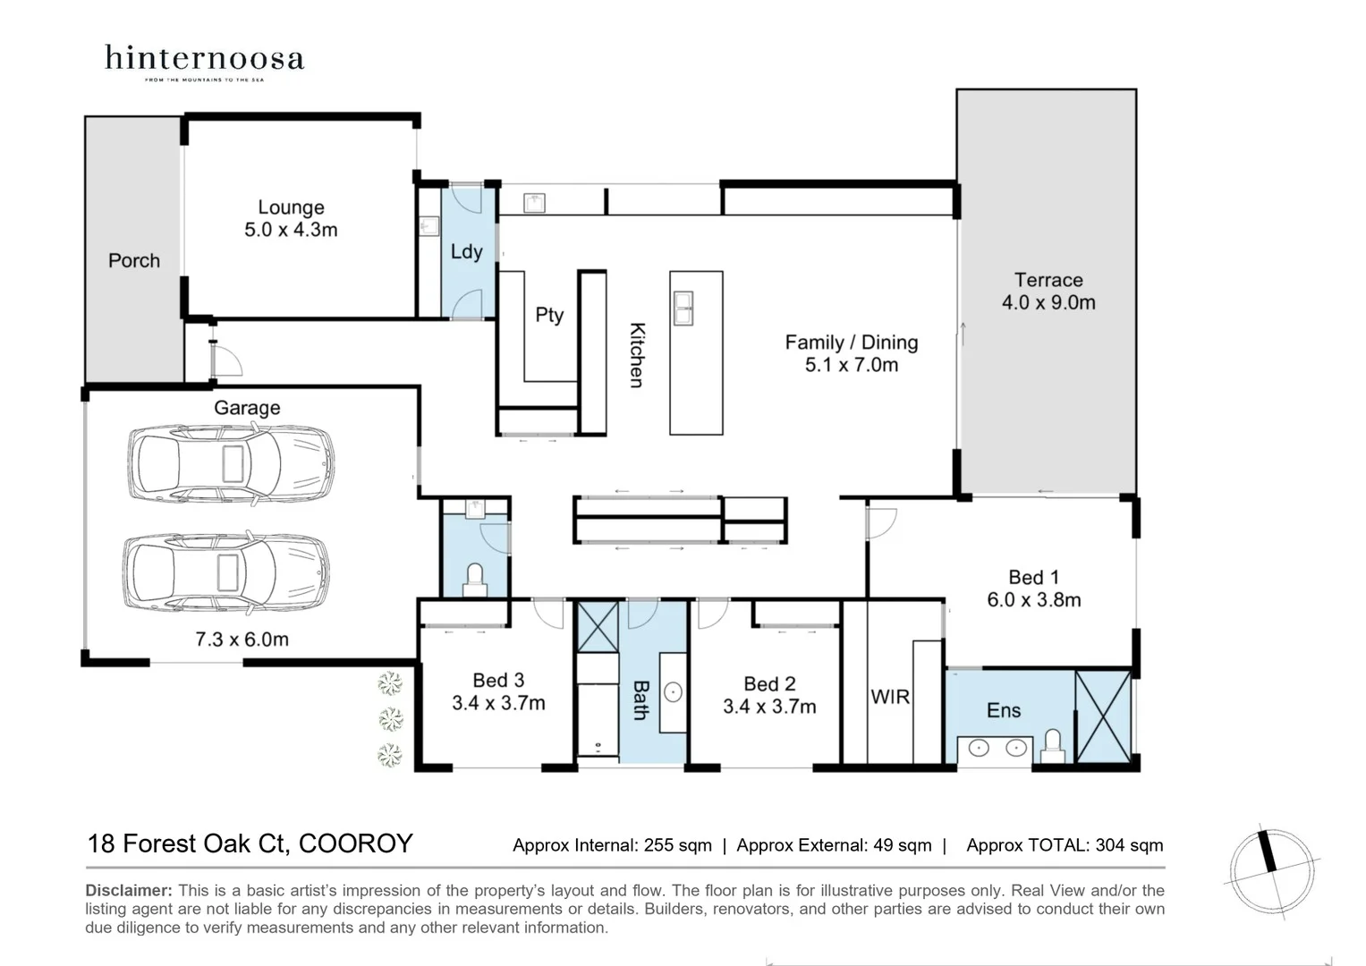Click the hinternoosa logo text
coord(204,59)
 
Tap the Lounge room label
coord(291,208)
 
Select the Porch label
coord(134,260)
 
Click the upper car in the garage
coord(231,462)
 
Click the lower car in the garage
coord(225,572)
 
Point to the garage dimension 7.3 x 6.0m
coord(242,640)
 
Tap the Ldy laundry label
coord(466,251)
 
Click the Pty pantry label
coord(549,315)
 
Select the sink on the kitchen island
coord(683,308)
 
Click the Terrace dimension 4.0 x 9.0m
coord(1048,302)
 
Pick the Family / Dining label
coord(851,343)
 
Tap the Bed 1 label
coord(1033,578)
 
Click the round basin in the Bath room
coord(673,691)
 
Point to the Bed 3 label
coord(498,681)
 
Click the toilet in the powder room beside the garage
coord(475,577)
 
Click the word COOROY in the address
coord(355,843)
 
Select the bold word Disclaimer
coord(128,890)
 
